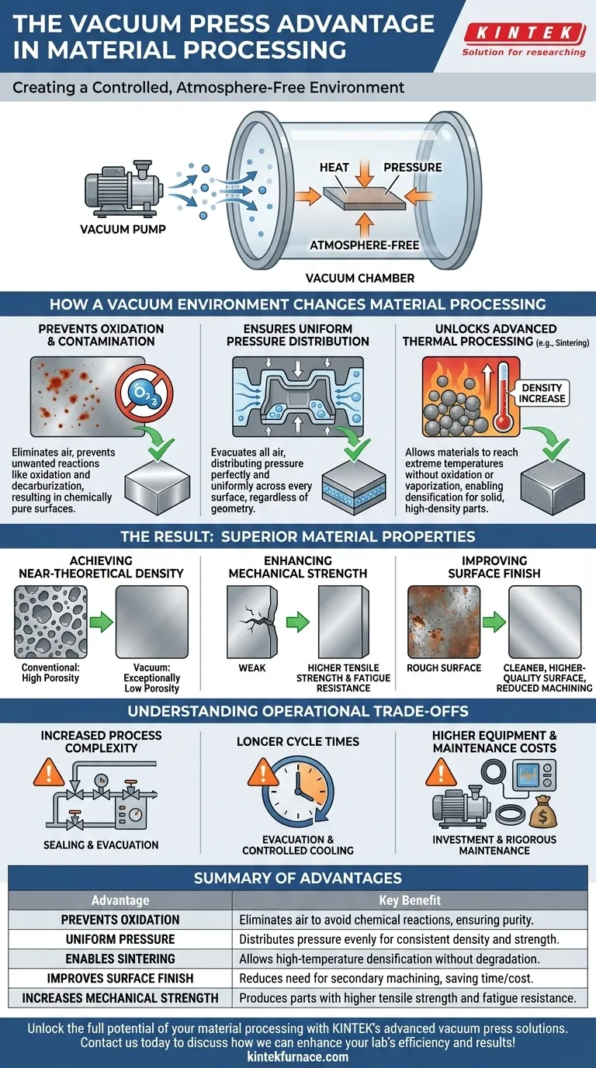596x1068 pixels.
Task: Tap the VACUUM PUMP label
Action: click(123, 229)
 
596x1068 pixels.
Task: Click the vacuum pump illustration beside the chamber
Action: click(123, 189)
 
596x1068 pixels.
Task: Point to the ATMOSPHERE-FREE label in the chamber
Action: click(365, 245)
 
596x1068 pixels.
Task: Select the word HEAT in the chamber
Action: click(334, 168)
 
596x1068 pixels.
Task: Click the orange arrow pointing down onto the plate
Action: click(365, 174)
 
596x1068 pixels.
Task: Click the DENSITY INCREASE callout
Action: click(542, 394)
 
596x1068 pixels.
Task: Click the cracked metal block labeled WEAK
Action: click(252, 622)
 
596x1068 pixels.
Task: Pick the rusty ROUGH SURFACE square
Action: click(444, 622)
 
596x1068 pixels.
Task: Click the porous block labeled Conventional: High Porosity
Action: click(50, 622)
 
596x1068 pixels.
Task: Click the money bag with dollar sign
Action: click(543, 812)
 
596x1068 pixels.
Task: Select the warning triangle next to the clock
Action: click(263, 772)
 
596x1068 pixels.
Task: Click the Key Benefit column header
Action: click(410, 900)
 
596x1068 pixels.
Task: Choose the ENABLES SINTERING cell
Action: click(120, 959)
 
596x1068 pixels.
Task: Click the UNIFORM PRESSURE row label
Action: click(120, 939)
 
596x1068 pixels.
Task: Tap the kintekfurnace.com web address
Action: click(298, 1056)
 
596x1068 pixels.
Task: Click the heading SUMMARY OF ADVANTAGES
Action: click(298, 878)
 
